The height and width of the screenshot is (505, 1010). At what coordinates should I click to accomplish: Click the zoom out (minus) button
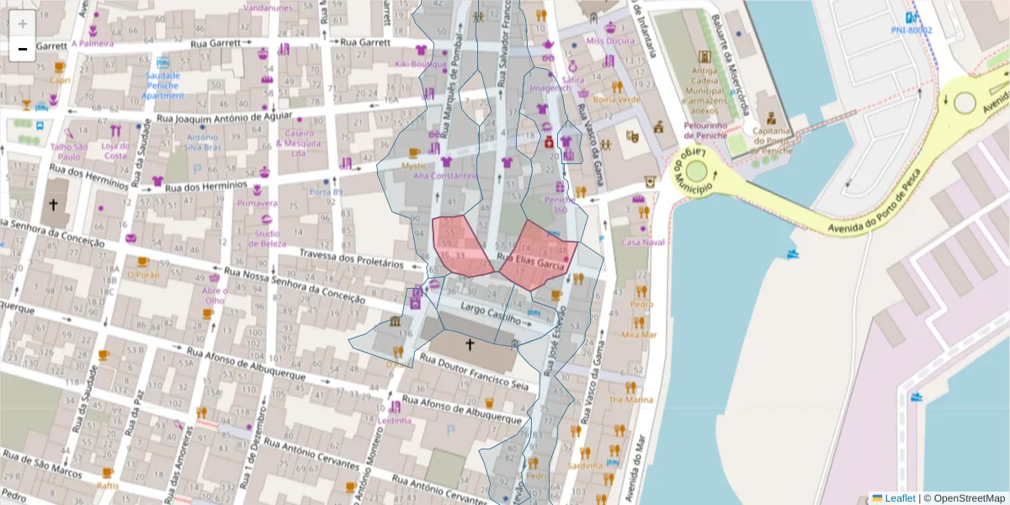pos(23,50)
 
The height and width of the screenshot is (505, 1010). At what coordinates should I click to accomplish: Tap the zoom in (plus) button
pos(23,24)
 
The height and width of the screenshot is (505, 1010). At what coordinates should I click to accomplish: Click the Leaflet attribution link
pos(899,497)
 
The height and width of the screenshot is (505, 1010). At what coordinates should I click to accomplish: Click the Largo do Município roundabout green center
pos(696,172)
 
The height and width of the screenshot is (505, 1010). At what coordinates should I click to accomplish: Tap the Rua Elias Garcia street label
pos(530,262)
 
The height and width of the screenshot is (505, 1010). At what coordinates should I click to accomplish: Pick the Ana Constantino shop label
pos(445,175)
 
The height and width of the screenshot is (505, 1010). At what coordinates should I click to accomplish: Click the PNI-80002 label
pos(912,29)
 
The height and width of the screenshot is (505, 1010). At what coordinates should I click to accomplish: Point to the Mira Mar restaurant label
pos(638,334)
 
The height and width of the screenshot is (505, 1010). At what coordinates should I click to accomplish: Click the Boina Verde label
pos(616,99)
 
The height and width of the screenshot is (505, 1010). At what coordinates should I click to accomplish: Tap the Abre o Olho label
pos(214,295)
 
